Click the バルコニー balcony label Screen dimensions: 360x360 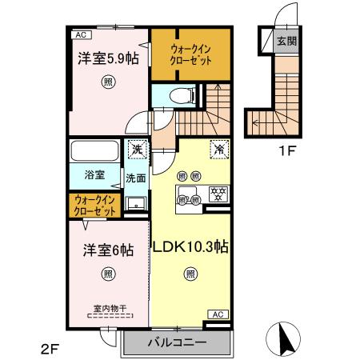[x=177, y=342]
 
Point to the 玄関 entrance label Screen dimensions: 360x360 [x=286, y=40]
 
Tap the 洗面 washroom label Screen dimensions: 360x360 [x=134, y=178]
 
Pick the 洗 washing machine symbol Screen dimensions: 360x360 [x=137, y=150]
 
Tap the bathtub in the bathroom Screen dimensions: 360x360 [x=93, y=150]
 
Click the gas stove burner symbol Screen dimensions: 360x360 [x=216, y=192]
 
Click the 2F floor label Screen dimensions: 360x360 [x=50, y=347]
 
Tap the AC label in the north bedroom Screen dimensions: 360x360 [x=80, y=35]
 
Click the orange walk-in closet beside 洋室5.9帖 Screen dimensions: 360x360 [x=190, y=54]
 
